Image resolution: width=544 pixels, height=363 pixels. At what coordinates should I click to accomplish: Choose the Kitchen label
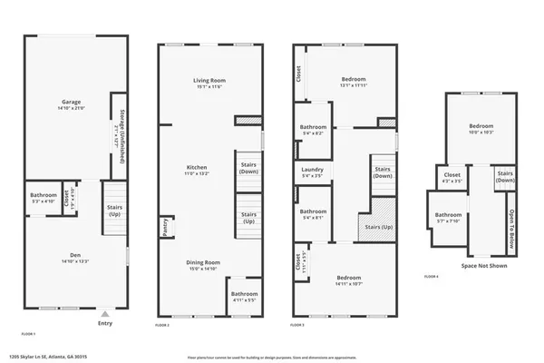coord(198,171)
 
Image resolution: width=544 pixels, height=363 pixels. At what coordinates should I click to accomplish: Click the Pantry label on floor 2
coord(166,224)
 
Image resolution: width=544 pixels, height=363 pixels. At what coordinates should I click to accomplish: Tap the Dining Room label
coord(204,265)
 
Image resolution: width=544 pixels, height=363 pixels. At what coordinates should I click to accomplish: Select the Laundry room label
coord(311,172)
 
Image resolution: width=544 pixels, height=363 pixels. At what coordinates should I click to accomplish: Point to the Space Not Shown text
coord(484,266)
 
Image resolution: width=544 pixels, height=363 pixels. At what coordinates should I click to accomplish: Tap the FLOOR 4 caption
coord(431,276)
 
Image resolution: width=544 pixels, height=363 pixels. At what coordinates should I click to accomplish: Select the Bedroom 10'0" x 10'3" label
coord(481,128)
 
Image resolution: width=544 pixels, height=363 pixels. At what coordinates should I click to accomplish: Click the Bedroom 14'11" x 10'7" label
coord(349,280)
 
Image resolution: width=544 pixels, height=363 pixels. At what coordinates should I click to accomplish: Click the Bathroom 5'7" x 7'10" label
coord(448,218)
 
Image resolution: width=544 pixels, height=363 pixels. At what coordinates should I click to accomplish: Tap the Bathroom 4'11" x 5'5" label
coord(243,297)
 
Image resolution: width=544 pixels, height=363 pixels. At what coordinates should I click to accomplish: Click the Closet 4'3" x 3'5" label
coord(452,177)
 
